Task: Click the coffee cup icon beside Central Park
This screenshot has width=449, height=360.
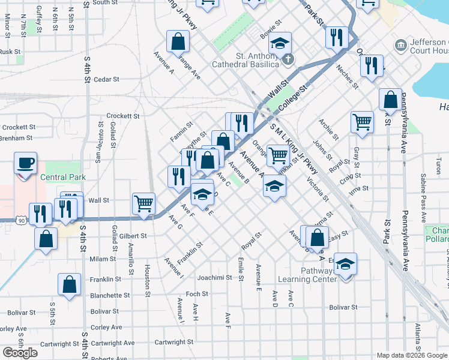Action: click(26, 164)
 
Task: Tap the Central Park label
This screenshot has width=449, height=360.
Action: click(63, 177)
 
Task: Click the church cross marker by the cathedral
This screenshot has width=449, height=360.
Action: click(288, 59)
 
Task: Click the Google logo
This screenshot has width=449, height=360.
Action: click(20, 353)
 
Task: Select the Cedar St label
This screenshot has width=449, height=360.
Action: click(107, 79)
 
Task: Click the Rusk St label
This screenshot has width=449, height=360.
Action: click(10, 52)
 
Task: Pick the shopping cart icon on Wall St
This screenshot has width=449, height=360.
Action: click(144, 203)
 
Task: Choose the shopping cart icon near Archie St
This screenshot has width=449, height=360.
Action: click(363, 122)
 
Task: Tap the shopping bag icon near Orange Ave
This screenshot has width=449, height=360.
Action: click(178, 42)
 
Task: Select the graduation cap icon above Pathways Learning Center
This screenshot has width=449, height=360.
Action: click(345, 265)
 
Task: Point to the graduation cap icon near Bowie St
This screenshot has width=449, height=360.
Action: click(280, 43)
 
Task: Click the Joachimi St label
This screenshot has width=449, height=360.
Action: click(214, 278)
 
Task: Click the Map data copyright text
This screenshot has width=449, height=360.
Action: click(412, 355)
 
